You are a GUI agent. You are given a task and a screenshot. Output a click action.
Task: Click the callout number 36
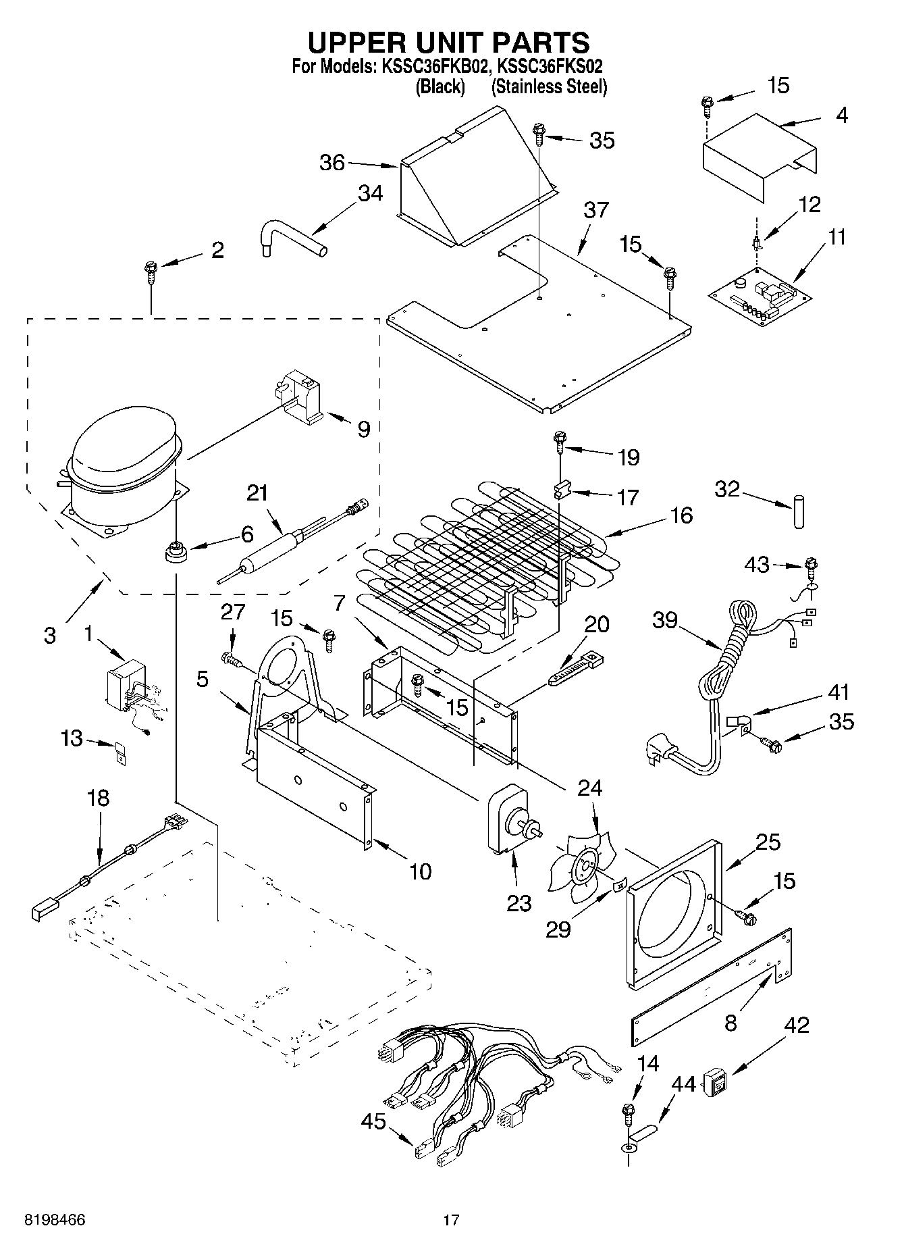point(331,163)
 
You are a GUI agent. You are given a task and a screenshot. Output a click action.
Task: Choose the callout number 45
point(373,1122)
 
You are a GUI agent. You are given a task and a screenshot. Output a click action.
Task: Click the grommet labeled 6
point(176,553)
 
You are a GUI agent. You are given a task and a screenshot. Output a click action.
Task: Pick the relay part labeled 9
point(302,398)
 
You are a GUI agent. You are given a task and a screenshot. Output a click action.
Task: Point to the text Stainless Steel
point(549,86)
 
